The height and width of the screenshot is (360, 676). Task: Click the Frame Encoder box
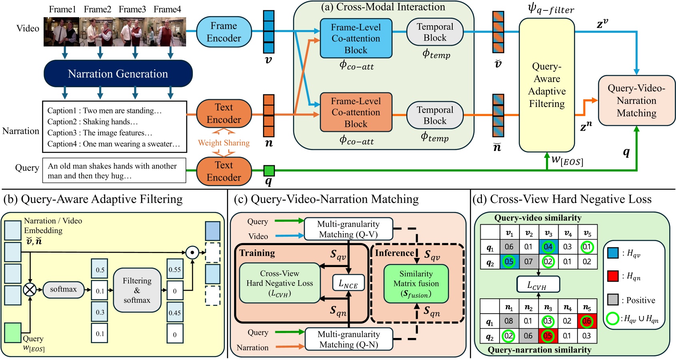pyautogui.click(x=224, y=32)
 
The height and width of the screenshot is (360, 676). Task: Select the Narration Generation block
pyautogui.click(x=118, y=74)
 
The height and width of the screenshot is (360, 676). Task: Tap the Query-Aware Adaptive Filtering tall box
pyautogui.click(x=547, y=85)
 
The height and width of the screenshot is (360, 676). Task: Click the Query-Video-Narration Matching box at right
pyautogui.click(x=636, y=101)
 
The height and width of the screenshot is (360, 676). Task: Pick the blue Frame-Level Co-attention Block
pyautogui.click(x=356, y=38)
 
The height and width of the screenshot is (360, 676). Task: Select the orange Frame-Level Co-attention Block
pyautogui.click(x=356, y=113)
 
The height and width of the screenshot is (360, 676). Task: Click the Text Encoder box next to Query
pyautogui.click(x=224, y=171)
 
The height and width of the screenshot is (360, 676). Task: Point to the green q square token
pyautogui.click(x=269, y=171)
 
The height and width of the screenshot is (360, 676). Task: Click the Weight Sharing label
pyautogui.click(x=224, y=143)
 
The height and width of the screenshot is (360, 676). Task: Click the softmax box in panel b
pyautogui.click(x=63, y=289)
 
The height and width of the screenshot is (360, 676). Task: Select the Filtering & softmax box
pyautogui.click(x=137, y=290)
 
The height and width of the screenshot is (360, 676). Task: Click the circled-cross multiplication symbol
pyautogui.click(x=30, y=290)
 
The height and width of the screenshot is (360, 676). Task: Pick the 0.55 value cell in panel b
pyautogui.click(x=175, y=269)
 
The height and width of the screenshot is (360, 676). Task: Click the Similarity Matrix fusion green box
pyautogui.click(x=416, y=284)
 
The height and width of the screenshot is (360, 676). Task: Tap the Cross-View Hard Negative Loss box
pyautogui.click(x=279, y=283)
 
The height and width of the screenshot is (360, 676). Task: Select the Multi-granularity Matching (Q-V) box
pyautogui.click(x=348, y=229)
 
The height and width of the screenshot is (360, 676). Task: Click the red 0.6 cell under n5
pyautogui.click(x=587, y=321)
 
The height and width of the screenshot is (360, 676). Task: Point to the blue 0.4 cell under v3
pyautogui.click(x=548, y=247)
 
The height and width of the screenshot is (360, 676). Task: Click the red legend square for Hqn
pyautogui.click(x=613, y=276)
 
